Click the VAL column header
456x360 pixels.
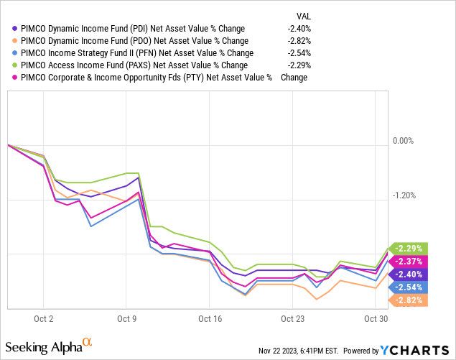[305, 16]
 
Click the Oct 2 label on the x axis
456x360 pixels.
[43, 319]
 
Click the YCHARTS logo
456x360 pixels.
[414, 350]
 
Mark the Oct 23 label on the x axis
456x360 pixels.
[293, 319]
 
